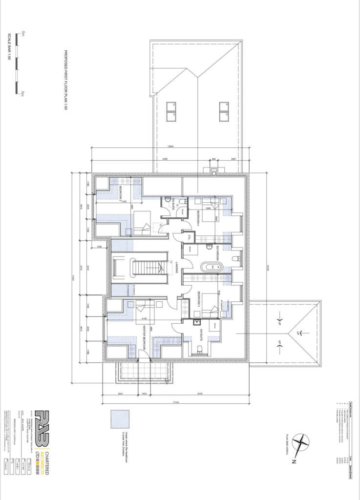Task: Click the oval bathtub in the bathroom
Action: (x=212, y=267)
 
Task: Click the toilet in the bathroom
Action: (x=235, y=258)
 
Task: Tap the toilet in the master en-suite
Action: (x=201, y=348)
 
